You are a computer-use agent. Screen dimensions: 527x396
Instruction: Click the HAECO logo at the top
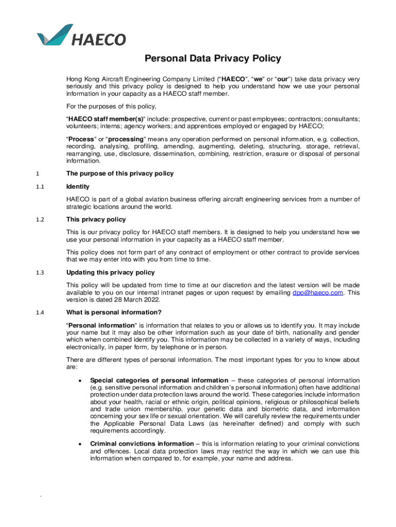point(81,35)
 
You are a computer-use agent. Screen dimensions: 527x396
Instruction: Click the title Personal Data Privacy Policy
point(212,58)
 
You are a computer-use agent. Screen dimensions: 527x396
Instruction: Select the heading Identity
point(78,186)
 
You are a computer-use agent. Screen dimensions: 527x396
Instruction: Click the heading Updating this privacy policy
point(111,272)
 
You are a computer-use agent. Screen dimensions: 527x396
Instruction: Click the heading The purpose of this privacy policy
point(120,173)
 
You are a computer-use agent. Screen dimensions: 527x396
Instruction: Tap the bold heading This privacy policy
point(96,220)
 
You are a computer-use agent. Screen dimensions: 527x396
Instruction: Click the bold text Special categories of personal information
point(159,380)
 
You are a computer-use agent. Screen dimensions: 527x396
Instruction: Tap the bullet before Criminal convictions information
point(79,444)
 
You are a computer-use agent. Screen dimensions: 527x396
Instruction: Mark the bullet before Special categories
point(79,380)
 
